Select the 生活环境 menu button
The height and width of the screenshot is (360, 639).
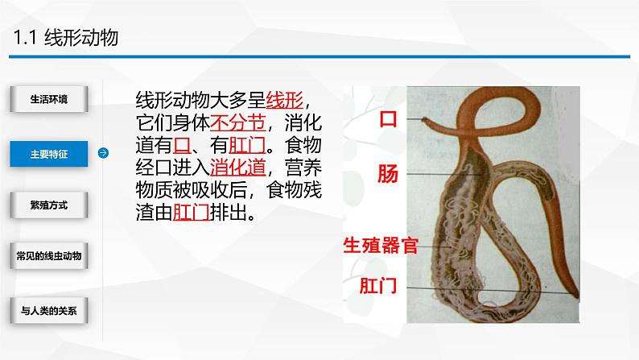click(x=48, y=99)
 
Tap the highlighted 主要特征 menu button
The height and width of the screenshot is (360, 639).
click(x=48, y=152)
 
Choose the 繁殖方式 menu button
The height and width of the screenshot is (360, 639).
click(x=48, y=205)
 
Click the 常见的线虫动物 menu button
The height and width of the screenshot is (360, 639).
click(x=48, y=256)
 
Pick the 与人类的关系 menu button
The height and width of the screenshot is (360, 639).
click(x=48, y=309)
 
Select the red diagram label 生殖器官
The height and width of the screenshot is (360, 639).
click(x=381, y=245)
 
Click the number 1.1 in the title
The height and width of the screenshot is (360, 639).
click(x=25, y=38)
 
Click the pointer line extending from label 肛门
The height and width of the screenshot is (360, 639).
click(x=483, y=291)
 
